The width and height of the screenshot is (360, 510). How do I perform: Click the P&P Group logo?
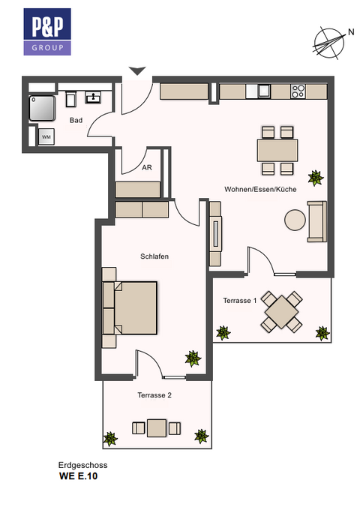tap(47, 31)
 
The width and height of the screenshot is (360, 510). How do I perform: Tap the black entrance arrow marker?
tap(136, 71)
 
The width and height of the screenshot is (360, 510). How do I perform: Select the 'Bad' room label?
tap(76, 120)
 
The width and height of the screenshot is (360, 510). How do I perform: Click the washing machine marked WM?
tap(46, 136)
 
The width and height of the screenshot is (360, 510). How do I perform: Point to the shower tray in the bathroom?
tap(42, 108)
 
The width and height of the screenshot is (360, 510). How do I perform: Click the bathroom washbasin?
tap(94, 97)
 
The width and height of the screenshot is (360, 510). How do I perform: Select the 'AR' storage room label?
tap(147, 168)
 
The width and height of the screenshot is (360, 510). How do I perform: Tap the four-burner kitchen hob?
tap(298, 91)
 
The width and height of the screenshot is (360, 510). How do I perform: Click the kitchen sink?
tap(263, 91)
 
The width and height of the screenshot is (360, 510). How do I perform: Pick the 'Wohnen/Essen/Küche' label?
tap(260, 190)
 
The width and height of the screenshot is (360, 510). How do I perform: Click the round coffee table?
tap(295, 220)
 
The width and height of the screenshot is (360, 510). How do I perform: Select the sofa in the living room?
tap(316, 222)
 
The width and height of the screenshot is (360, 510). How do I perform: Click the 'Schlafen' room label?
tap(154, 256)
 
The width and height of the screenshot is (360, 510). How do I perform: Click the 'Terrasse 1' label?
tap(240, 300)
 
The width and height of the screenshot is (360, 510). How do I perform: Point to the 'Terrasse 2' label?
tap(154, 394)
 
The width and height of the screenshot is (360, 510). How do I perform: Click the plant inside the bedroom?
tap(193, 358)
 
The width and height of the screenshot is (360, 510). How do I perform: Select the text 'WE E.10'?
tap(78, 475)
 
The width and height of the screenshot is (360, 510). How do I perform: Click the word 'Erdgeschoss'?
tap(78, 465)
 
